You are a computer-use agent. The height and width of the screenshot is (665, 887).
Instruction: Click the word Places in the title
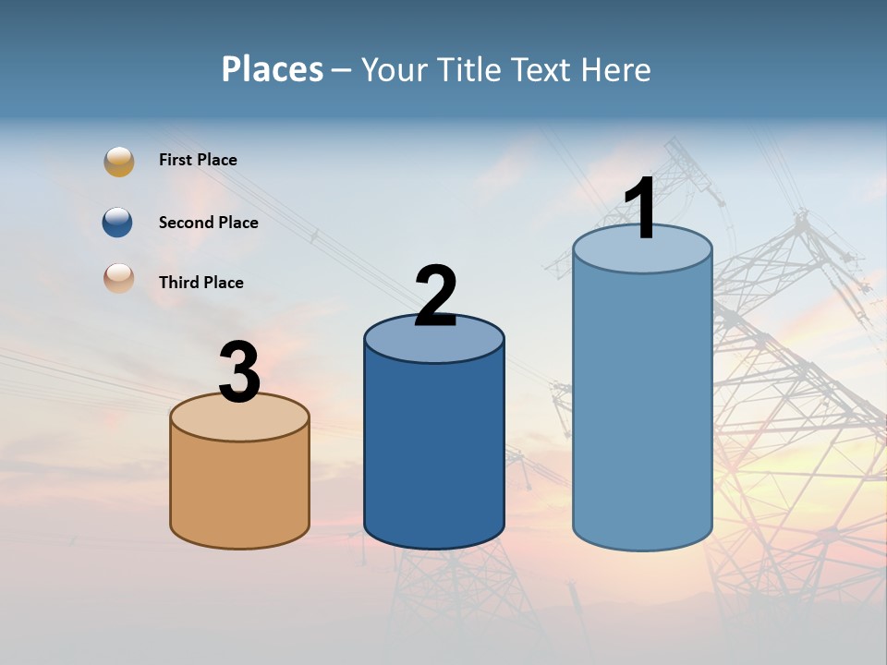coord(273,69)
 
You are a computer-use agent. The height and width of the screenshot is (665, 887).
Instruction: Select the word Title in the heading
coord(470,69)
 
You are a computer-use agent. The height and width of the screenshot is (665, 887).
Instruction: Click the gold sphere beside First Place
coord(119,161)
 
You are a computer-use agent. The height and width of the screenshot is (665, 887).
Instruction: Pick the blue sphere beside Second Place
coord(117,223)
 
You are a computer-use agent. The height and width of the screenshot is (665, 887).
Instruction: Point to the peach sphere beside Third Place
coord(119,279)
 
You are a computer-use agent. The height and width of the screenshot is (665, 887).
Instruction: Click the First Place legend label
coord(198,160)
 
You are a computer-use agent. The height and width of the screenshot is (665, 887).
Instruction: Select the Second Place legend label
coord(208,223)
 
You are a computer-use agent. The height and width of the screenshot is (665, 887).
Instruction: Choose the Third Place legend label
coord(200,283)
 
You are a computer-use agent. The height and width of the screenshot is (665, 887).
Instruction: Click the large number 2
coord(435,296)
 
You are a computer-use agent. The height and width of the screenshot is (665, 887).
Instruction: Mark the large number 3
coord(239,372)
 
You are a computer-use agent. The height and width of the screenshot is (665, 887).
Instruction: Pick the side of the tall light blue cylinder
coord(642,406)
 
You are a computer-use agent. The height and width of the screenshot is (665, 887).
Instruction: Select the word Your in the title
coord(395,69)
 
